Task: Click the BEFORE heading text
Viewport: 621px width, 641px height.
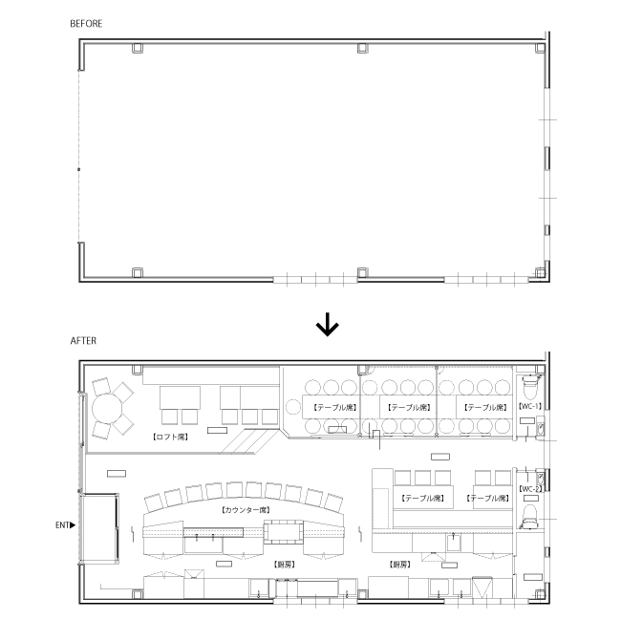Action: coord(86,24)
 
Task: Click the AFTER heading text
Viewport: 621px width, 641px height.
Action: coord(83,340)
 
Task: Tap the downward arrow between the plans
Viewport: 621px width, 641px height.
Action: coord(327,324)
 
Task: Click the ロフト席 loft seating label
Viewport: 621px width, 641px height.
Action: coord(170,437)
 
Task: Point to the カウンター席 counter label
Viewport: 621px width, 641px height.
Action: coord(246,510)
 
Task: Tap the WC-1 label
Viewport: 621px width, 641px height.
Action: coord(530,406)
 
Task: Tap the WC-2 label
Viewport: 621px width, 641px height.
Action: coord(530,489)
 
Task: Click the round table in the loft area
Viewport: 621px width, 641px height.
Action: coord(107,409)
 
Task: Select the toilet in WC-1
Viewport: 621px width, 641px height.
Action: coord(529,387)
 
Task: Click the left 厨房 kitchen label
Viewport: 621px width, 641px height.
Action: coord(285,565)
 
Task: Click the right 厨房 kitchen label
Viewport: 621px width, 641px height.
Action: coord(399,565)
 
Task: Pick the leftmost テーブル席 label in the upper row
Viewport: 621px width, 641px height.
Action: coord(335,407)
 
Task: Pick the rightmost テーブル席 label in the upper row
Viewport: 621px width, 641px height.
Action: coord(485,407)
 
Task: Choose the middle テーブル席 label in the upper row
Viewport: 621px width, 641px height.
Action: coord(409,407)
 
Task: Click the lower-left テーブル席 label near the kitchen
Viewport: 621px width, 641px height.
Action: coord(422,498)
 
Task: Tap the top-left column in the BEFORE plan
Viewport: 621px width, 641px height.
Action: coord(138,48)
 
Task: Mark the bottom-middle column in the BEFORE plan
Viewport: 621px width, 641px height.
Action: coord(363,272)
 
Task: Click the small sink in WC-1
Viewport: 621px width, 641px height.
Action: coord(541,428)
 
